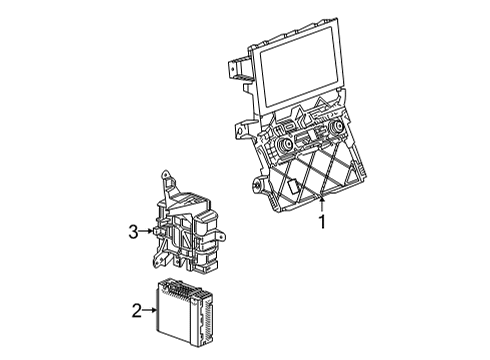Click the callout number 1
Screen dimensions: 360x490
pos(322,222)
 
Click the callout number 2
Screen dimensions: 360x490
pos(136,312)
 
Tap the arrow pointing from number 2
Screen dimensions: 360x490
pos(151,312)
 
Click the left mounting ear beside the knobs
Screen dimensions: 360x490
pos(242,129)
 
